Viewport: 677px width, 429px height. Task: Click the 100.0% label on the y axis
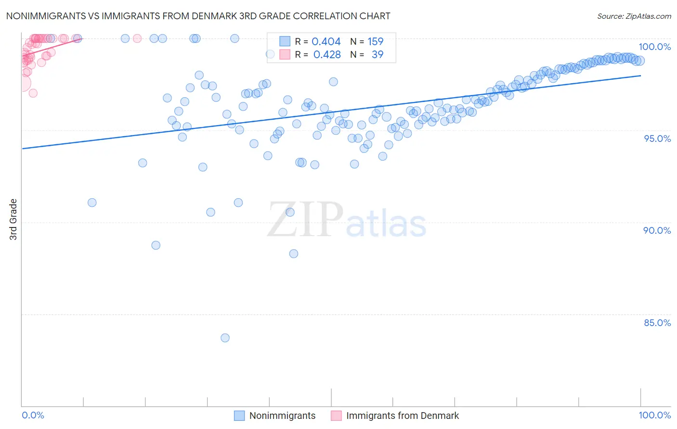click(654, 47)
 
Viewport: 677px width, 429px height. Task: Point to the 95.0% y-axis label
click(657, 139)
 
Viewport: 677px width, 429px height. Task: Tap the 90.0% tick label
click(657, 230)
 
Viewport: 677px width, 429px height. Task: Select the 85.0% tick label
click(657, 323)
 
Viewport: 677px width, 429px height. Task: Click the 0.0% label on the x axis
click(33, 415)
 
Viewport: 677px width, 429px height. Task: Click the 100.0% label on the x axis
click(654, 415)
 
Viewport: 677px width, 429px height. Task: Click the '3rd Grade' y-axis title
click(13, 219)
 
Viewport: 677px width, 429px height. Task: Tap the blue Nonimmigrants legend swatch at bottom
click(239, 416)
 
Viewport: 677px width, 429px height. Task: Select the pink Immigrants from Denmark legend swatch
click(336, 416)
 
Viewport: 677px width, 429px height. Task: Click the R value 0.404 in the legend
click(326, 42)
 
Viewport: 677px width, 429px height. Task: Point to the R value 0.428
click(327, 55)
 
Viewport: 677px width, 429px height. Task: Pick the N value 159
click(376, 42)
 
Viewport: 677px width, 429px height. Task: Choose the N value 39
click(378, 55)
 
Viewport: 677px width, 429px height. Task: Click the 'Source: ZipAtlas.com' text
click(634, 16)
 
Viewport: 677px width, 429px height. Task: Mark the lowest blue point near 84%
click(225, 338)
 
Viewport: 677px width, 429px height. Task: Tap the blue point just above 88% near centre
click(294, 253)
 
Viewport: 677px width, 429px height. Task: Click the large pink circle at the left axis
click(22, 83)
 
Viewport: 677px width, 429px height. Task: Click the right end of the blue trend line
click(640, 76)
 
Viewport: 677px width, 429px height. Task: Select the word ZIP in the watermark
click(305, 220)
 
